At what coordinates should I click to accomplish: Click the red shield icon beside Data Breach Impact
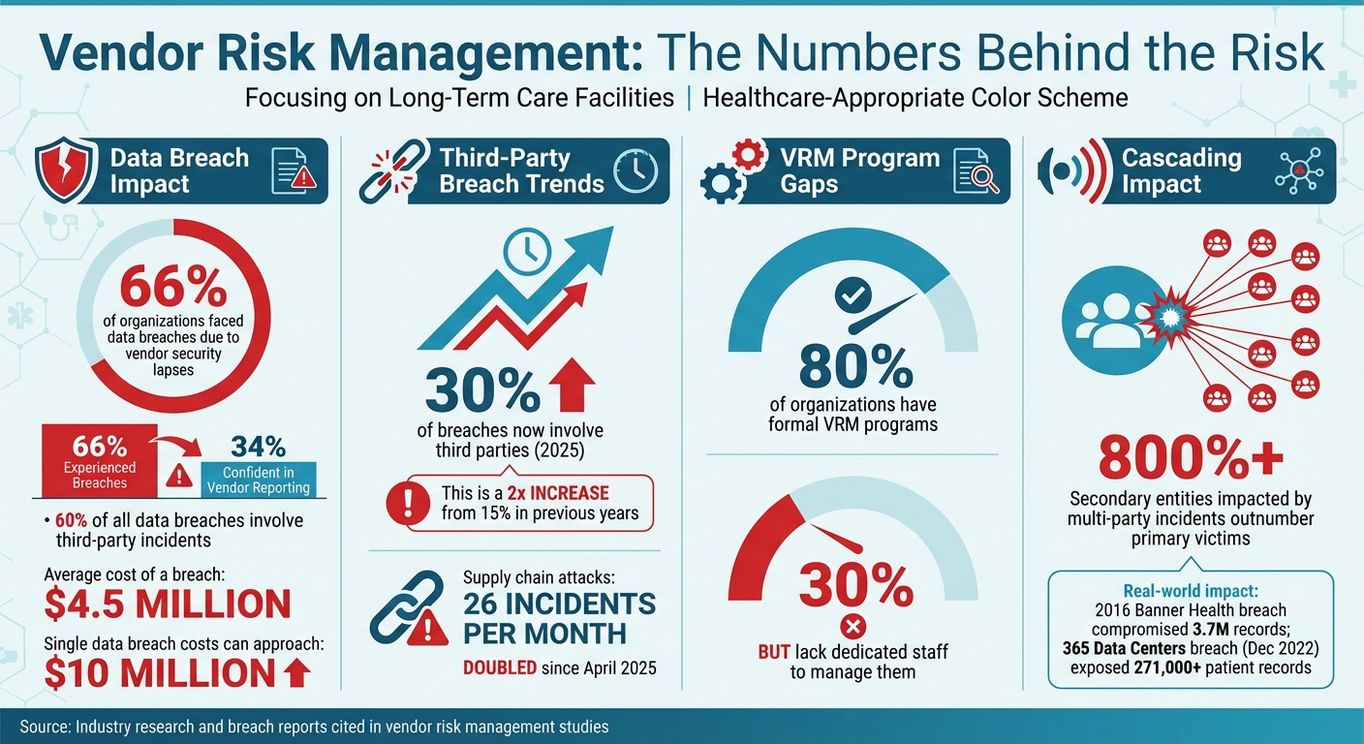pyautogui.click(x=66, y=171)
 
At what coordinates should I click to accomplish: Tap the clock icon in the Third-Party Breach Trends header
pyautogui.click(x=635, y=171)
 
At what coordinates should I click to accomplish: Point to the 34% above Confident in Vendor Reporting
pyautogui.click(x=258, y=447)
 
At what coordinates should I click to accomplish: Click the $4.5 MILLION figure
pyautogui.click(x=168, y=603)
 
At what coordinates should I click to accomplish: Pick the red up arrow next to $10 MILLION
pyautogui.click(x=298, y=670)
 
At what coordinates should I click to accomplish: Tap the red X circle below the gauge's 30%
pyautogui.click(x=853, y=623)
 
